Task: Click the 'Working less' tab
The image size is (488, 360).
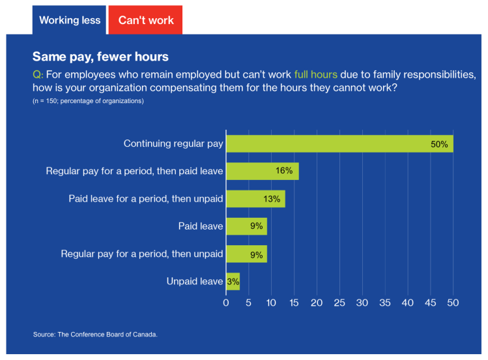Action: click(x=70, y=20)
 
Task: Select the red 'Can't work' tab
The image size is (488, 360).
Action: click(x=146, y=20)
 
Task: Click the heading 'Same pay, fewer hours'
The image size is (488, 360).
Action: click(x=100, y=57)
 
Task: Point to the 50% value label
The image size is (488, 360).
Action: click(x=439, y=144)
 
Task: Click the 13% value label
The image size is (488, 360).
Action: click(x=272, y=199)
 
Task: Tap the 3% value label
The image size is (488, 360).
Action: click(x=233, y=282)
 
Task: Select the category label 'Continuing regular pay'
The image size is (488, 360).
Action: click(x=173, y=143)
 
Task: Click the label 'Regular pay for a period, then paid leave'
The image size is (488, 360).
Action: click(x=134, y=171)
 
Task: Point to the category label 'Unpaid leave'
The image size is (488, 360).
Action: click(x=195, y=281)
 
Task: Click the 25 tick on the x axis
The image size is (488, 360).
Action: click(x=339, y=303)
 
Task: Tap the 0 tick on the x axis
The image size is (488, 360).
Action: click(x=226, y=303)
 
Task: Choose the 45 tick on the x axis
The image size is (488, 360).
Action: click(x=430, y=303)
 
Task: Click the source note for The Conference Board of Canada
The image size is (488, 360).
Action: click(x=95, y=335)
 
